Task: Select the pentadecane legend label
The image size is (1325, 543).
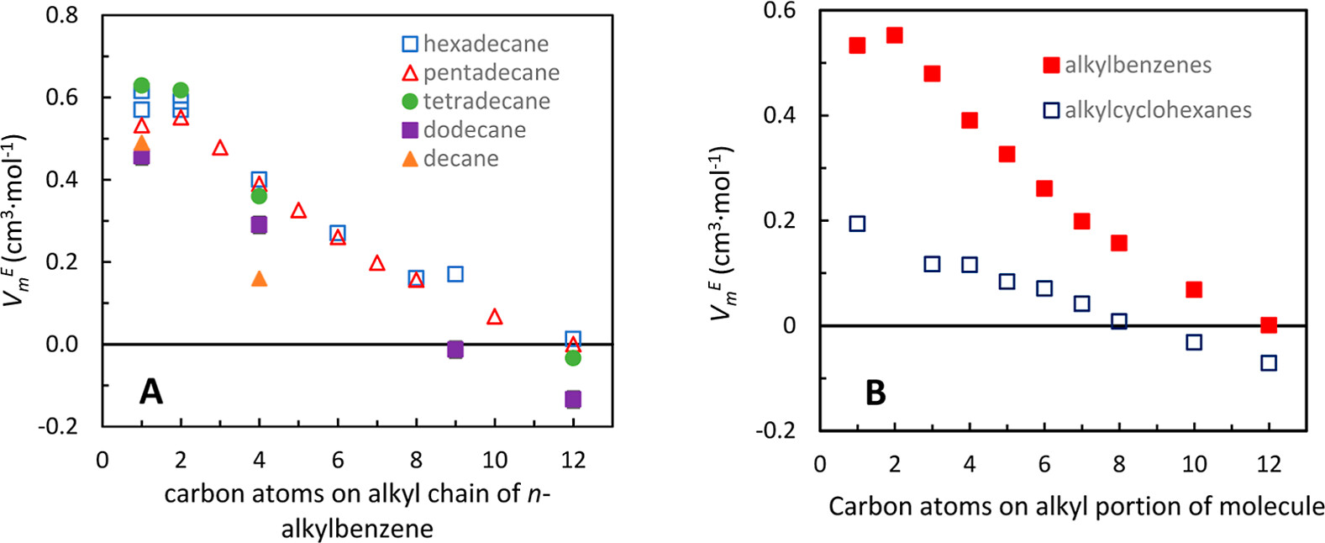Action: pos(491,72)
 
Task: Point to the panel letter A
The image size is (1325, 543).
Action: pos(150,391)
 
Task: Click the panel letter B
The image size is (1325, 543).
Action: pos(875,393)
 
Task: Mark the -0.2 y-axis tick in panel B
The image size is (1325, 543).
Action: pos(777,430)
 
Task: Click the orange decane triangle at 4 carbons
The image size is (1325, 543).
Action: pos(260,278)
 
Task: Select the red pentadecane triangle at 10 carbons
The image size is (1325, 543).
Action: pos(495,317)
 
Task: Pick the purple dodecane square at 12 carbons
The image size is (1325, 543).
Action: pos(573,399)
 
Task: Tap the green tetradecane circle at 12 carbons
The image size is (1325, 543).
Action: pos(573,358)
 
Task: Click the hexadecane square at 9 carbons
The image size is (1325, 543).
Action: pos(455,274)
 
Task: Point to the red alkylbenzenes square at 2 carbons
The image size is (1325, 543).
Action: pos(895,35)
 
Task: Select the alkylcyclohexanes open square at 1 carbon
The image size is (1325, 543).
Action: pos(857,224)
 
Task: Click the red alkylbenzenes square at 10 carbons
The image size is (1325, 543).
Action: pos(1194,290)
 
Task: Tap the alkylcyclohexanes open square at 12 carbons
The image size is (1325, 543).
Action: pos(1269,363)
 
